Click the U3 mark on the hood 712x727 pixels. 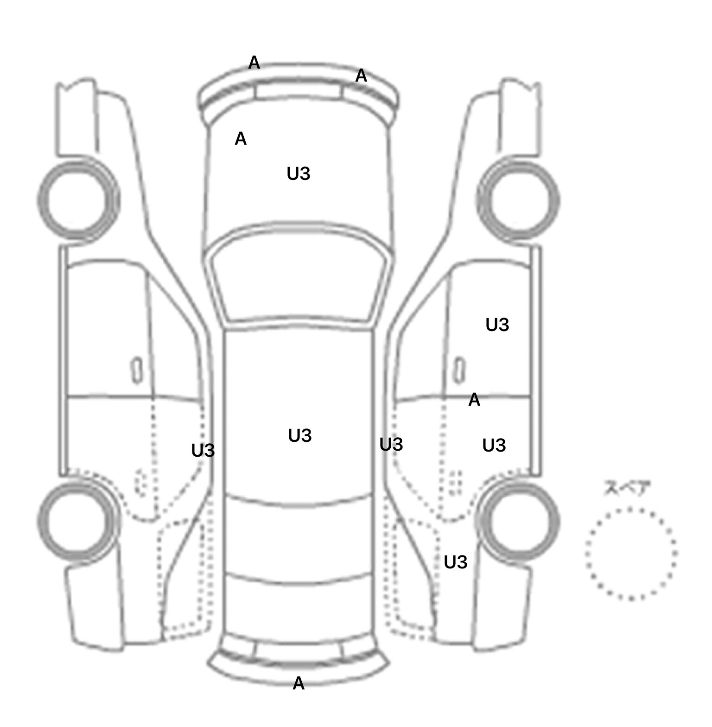(299, 174)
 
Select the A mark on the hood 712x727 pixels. (241, 139)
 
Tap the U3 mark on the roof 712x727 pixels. (300, 436)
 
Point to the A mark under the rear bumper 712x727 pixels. (299, 683)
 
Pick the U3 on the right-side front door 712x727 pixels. (497, 325)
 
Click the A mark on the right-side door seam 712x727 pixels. (474, 400)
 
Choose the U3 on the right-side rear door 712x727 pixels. (494, 446)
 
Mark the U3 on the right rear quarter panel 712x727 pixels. (456, 562)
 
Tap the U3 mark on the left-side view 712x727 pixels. (203, 451)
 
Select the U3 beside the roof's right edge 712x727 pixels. (391, 445)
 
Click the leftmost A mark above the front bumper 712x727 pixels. (254, 63)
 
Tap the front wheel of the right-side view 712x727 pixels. (518, 200)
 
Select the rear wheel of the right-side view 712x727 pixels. (518, 520)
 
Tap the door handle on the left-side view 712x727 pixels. (137, 370)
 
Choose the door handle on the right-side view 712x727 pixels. (459, 370)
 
